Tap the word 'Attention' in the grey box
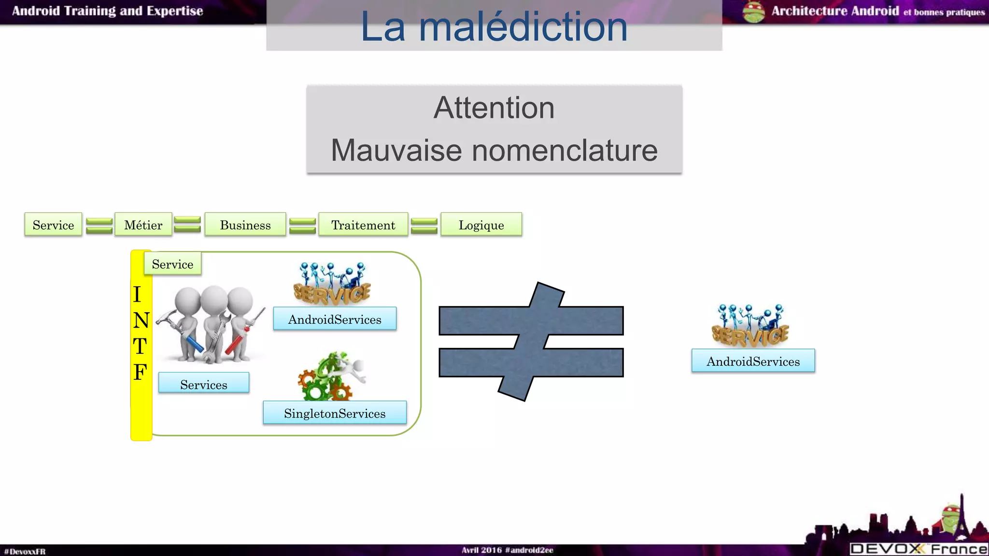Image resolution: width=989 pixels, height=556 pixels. (494, 108)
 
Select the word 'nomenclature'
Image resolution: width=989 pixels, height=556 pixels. (565, 150)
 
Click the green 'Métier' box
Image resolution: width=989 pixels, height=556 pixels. (143, 225)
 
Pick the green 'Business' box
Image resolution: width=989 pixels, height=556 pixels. (245, 225)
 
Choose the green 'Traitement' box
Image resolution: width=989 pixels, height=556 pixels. (363, 225)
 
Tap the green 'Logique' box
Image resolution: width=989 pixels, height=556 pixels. (481, 225)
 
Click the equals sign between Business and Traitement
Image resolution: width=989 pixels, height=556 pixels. (302, 225)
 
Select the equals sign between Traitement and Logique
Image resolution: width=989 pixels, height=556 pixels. (424, 225)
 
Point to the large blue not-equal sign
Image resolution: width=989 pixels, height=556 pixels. (531, 342)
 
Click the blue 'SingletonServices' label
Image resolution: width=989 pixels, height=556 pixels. (335, 413)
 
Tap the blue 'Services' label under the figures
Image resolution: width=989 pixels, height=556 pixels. (204, 384)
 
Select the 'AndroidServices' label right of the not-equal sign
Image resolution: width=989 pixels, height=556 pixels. (753, 361)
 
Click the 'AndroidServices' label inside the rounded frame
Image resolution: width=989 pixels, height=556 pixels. (335, 319)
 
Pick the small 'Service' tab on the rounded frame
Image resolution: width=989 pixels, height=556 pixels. (172, 264)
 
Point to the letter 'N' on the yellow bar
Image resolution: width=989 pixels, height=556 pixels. (141, 320)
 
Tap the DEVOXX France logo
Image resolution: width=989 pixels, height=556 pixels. (918, 549)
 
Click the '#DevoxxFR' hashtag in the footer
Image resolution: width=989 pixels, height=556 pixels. (25, 551)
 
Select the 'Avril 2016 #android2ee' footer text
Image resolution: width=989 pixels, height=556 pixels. (507, 550)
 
